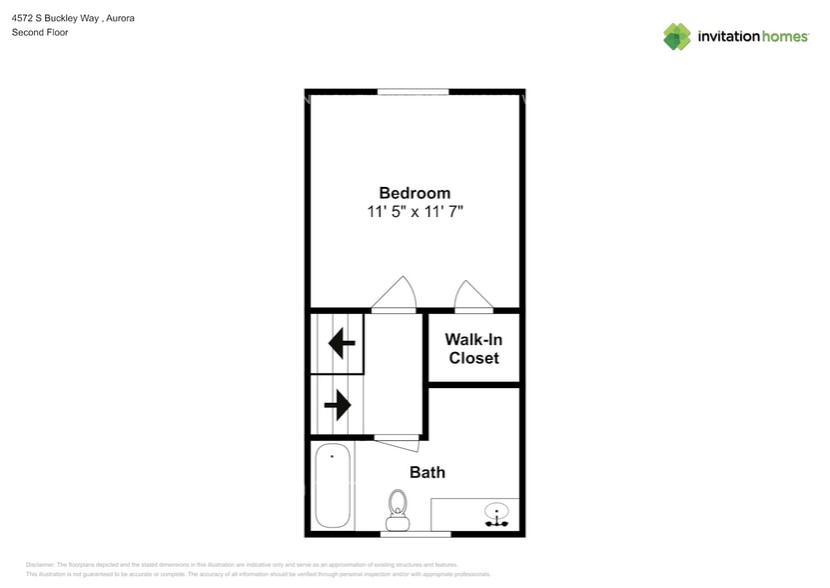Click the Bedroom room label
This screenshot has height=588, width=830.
[414, 193]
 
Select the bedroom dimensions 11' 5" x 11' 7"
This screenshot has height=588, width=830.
[414, 212]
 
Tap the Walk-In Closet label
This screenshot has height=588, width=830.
[473, 348]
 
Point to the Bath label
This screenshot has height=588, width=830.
[427, 472]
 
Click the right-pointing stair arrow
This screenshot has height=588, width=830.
[338, 405]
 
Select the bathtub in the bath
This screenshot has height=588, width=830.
[332, 488]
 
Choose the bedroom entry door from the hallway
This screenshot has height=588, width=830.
[395, 295]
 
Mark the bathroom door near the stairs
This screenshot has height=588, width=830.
[397, 436]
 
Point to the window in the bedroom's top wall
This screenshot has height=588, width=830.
[414, 92]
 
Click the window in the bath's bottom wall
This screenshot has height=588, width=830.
[415, 534]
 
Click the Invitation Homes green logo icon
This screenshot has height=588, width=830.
[676, 37]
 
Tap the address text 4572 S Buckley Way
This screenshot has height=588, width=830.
[56, 18]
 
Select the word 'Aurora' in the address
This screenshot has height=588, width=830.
[121, 18]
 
